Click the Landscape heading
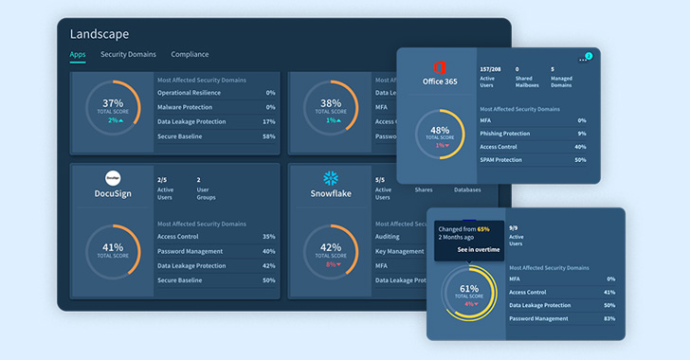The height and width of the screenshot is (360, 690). [100, 34]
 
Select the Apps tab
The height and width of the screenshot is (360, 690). [79, 55]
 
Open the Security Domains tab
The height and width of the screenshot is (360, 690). [129, 55]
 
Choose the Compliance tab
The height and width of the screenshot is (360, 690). [190, 55]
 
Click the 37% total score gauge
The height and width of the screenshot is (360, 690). [113, 110]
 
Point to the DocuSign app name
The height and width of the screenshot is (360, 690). [113, 193]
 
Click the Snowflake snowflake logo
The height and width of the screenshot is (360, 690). [331, 178]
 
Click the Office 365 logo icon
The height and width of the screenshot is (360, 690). [440, 67]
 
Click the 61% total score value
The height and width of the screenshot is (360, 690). [469, 288]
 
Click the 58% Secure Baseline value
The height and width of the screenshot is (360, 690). [268, 136]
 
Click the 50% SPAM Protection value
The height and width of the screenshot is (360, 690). [580, 160]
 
